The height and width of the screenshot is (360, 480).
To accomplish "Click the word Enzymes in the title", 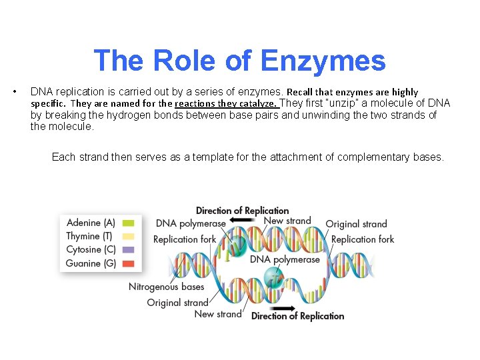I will (323, 61).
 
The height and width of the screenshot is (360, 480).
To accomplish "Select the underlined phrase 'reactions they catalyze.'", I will (226, 103).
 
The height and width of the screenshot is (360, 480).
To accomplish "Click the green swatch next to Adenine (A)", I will (128, 223).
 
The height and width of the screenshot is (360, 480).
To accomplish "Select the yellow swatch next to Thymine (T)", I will (128, 237).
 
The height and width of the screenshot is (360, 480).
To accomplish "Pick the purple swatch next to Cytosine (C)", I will (128, 250).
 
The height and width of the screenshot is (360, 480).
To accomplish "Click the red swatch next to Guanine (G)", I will (128, 263).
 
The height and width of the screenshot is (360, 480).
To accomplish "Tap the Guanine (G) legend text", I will (91, 263).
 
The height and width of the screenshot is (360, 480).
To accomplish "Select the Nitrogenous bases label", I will (166, 287).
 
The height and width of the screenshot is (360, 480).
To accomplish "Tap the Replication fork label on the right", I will (362, 239).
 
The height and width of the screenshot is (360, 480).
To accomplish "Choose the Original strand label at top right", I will (356, 224).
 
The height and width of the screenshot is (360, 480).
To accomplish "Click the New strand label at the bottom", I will (217, 314).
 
